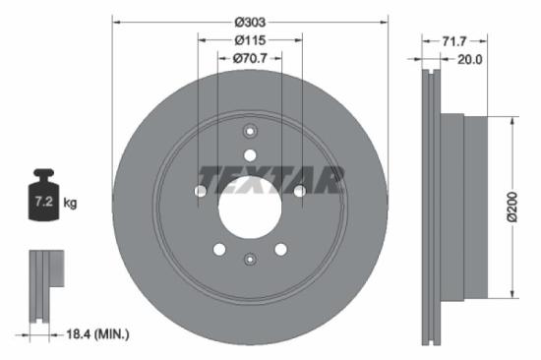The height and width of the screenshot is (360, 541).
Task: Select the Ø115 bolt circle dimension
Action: coord(250,39)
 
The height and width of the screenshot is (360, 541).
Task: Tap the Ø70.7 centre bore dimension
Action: coord(250,59)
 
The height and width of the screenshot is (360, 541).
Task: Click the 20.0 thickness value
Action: coord(469,59)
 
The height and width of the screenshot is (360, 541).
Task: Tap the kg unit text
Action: coord(70,204)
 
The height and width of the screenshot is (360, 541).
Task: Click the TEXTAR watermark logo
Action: coord(270,179)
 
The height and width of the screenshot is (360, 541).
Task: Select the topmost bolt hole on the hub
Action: coord(250,155)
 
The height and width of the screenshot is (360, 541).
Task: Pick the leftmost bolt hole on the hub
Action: coord(201,191)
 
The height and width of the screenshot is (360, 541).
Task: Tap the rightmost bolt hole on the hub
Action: coord(299,191)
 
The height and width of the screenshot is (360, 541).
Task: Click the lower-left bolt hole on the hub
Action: coord(219,249)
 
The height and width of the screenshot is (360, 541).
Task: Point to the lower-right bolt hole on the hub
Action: coord(280,249)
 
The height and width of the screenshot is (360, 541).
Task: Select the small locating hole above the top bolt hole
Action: coord(250,132)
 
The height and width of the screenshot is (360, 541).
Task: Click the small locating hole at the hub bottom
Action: coord(250,259)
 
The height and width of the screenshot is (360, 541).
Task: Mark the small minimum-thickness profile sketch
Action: coord(44,285)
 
